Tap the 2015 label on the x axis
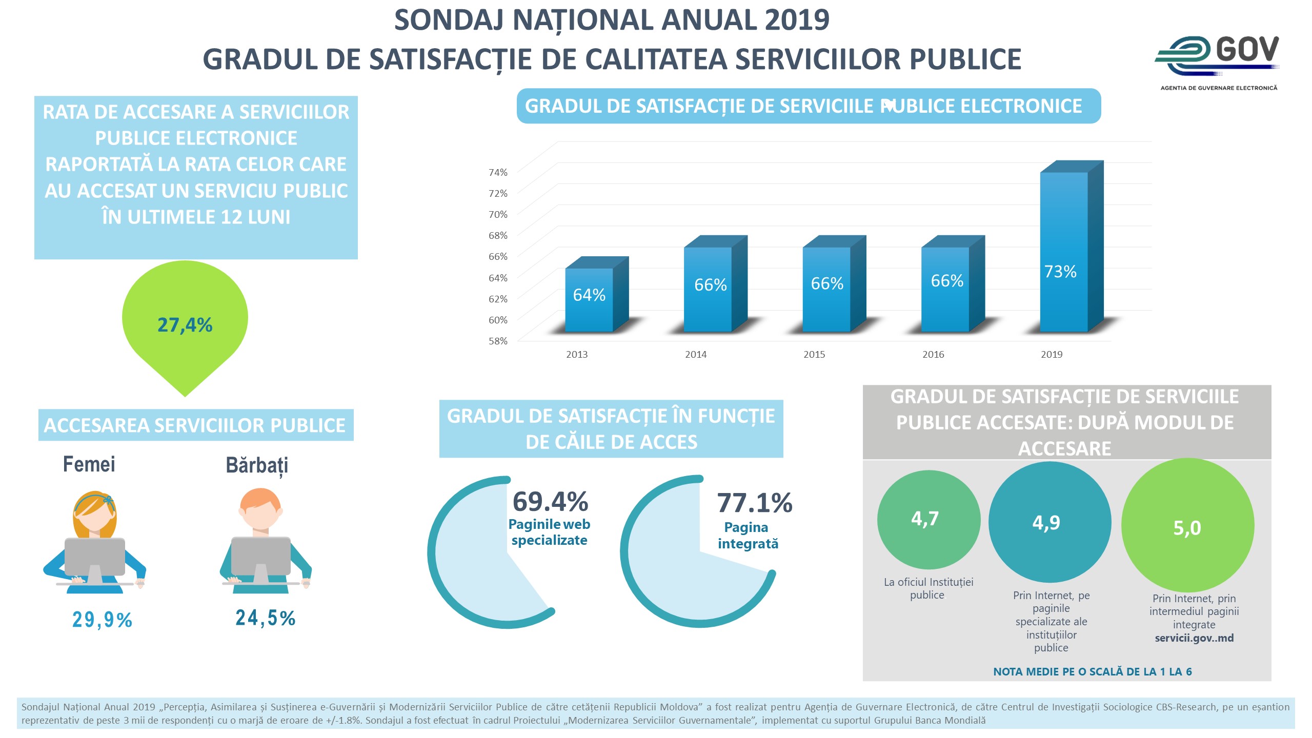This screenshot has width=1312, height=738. (814, 354)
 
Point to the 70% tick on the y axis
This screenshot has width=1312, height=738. (498, 214)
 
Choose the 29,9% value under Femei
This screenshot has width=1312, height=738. (102, 620)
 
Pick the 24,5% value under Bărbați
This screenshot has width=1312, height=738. (265, 618)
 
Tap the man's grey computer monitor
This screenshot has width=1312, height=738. (261, 556)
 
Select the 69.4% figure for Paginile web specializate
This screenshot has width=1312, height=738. (550, 502)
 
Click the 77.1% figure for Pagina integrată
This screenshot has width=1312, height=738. (754, 503)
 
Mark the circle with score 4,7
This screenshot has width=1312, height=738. (928, 519)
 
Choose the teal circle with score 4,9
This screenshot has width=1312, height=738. (1049, 522)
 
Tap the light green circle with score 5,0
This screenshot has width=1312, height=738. (1187, 526)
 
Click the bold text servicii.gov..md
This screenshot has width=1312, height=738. (1194, 638)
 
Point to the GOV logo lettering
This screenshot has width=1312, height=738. (1246, 50)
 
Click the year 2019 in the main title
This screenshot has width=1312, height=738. (796, 20)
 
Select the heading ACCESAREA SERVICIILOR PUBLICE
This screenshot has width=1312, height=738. (195, 425)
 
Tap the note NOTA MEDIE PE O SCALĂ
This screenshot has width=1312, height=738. (1092, 671)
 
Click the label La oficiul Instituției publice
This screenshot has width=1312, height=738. (928, 588)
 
